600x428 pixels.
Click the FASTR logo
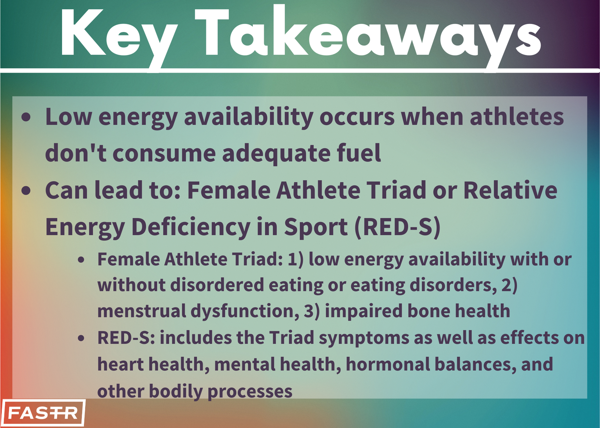(43, 413)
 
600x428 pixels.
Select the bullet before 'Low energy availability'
(26, 117)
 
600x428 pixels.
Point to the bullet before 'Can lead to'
(26, 191)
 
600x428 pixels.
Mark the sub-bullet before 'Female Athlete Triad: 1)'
(81, 260)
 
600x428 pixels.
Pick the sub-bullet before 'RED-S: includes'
(81, 338)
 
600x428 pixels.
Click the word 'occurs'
(357, 118)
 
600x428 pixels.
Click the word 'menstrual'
(142, 311)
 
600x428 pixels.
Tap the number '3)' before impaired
(312, 311)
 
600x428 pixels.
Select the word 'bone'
(429, 311)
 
